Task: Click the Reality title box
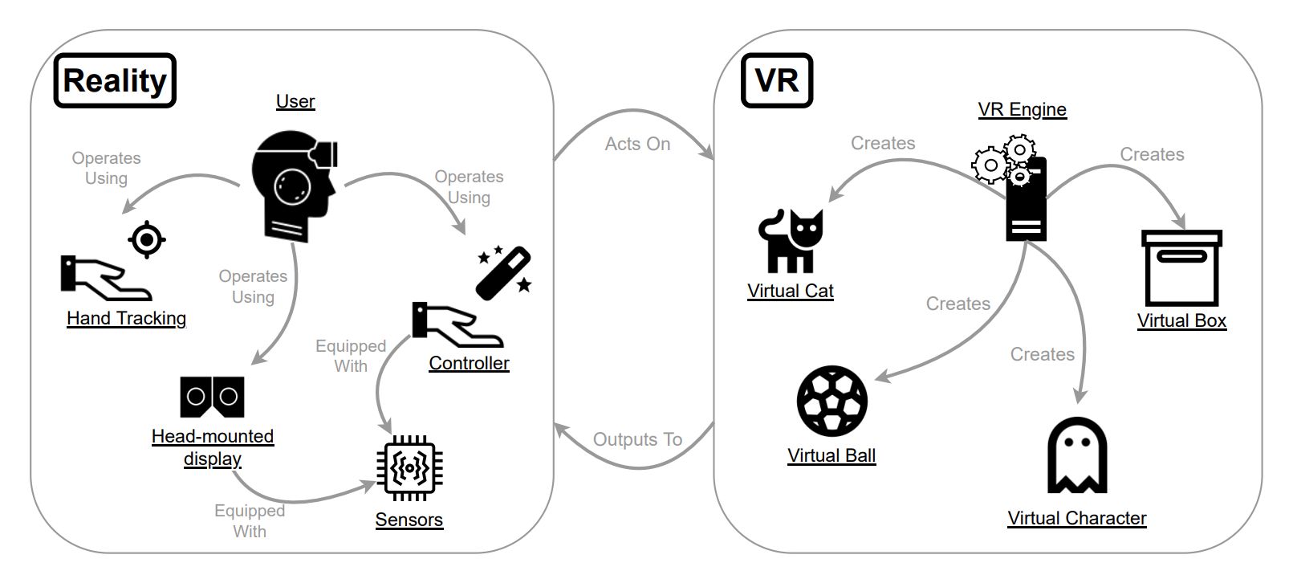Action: tap(115, 80)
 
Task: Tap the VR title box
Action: tap(776, 80)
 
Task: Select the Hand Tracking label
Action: tap(126, 319)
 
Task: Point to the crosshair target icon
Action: tap(147, 239)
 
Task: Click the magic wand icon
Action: tap(505, 273)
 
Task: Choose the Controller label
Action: tap(469, 363)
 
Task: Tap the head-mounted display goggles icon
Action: tap(212, 397)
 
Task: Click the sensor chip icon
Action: tap(409, 467)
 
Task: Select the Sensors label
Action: tap(409, 520)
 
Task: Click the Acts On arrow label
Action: tap(637, 144)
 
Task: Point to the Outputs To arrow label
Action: tap(637, 439)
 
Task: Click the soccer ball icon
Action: tap(832, 401)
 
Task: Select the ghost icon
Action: tap(1077, 455)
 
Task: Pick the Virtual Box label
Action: tap(1181, 320)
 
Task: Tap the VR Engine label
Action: tap(1022, 109)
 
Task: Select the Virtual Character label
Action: tap(1076, 518)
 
